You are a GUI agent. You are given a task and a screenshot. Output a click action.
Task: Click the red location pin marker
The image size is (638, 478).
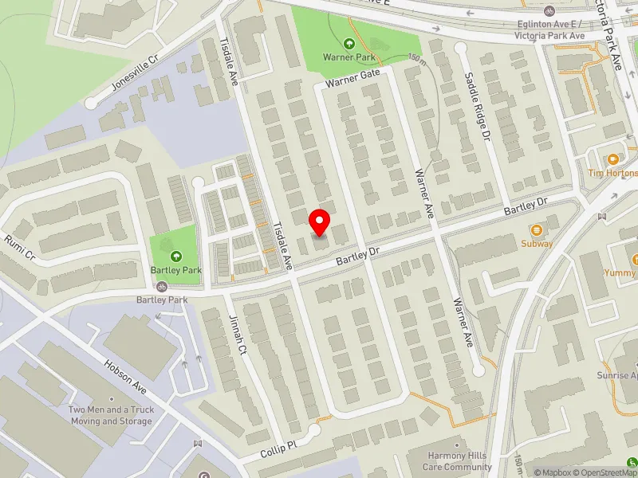(320, 221)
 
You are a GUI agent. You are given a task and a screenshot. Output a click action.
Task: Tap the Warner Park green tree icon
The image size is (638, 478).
(349, 43)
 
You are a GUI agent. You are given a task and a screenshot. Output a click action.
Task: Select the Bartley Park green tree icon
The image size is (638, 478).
(175, 256)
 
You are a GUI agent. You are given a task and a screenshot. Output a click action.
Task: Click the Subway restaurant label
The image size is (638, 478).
(537, 243)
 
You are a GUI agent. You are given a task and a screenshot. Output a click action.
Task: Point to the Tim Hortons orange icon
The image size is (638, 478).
(613, 159)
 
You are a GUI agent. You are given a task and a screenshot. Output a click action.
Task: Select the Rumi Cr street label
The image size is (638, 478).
(20, 249)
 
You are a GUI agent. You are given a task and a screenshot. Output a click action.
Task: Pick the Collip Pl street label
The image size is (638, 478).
(279, 448)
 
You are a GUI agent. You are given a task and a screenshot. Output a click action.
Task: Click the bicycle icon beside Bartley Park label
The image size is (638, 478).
(162, 286)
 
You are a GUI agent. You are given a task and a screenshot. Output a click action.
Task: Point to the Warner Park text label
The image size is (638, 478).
(348, 57)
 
